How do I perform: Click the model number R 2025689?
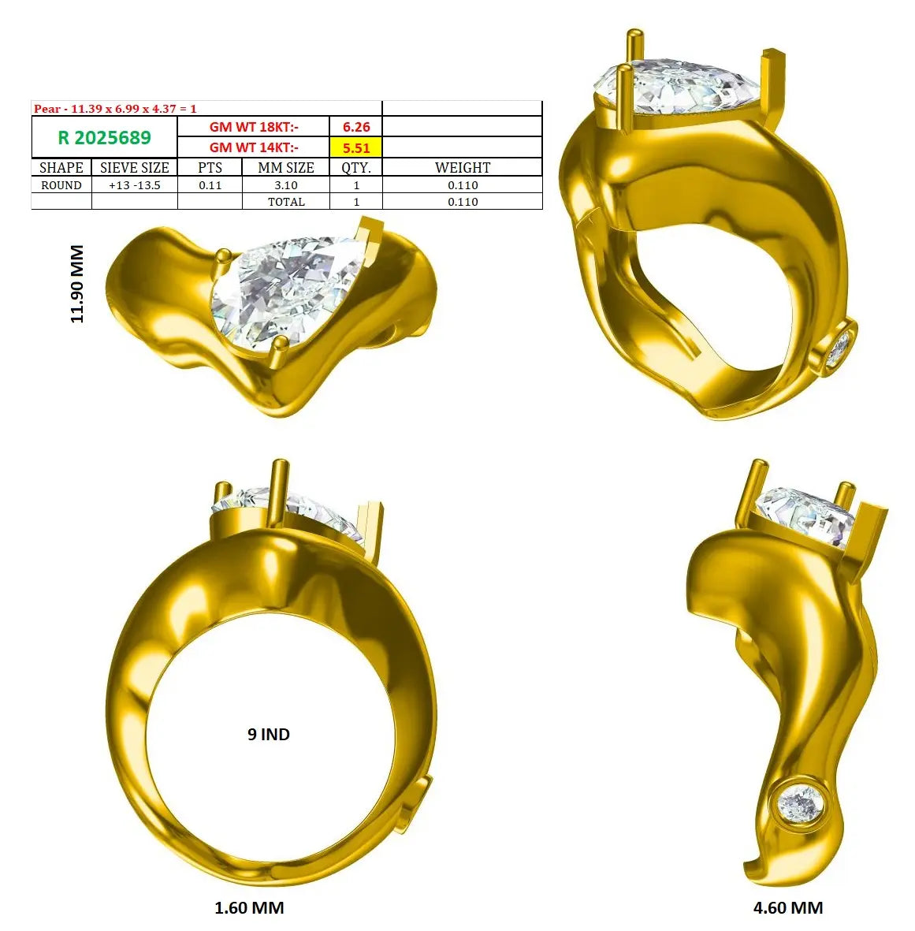tap(105, 138)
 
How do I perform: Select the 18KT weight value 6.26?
tap(356, 127)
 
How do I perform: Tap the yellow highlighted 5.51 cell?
tap(356, 148)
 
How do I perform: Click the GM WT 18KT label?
tap(254, 127)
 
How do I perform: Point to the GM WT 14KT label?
tap(254, 148)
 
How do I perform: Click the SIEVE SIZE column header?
tap(135, 167)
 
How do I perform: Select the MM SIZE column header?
tap(286, 167)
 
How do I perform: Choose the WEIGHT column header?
tap(463, 167)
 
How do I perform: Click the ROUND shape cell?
tap(61, 185)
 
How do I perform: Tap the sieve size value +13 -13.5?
tap(135, 185)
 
